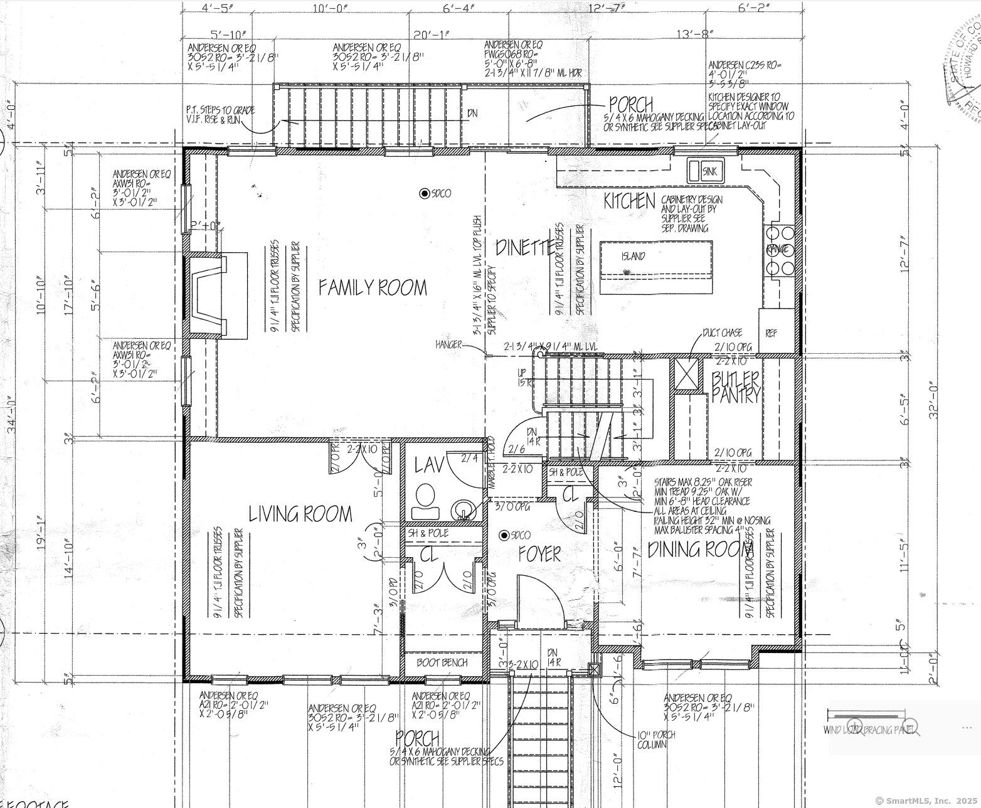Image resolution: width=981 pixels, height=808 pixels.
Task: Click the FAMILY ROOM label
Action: coord(373,287)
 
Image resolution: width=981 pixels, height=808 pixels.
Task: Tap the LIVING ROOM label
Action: coord(300,514)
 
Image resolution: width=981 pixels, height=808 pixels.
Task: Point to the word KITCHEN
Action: coord(629,201)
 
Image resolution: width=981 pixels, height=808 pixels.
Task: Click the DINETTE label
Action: coord(525,248)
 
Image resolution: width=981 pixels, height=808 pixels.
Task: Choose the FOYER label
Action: coord(539,554)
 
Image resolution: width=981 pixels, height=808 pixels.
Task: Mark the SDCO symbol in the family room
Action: coord(425,193)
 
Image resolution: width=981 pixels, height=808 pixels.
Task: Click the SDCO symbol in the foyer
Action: coord(504,535)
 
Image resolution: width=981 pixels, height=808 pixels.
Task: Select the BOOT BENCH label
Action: coord(443,662)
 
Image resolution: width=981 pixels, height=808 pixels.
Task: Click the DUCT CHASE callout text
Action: coord(722,332)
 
